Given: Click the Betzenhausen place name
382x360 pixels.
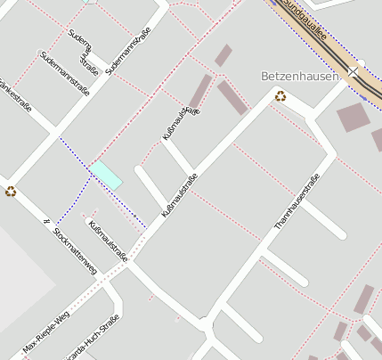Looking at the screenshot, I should click(301, 77).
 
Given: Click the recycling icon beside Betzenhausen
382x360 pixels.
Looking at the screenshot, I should click(280, 96).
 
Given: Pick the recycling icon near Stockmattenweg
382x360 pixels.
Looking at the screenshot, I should click(11, 190).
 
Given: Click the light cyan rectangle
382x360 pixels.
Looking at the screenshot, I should click(106, 175).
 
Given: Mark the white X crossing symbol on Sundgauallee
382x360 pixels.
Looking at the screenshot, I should click(354, 70).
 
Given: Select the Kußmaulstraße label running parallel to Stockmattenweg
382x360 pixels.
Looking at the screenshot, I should click(108, 241).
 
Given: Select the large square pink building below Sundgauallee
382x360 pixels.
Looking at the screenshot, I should click(353, 117).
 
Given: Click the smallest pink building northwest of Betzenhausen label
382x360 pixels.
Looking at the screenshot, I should click(223, 55).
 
